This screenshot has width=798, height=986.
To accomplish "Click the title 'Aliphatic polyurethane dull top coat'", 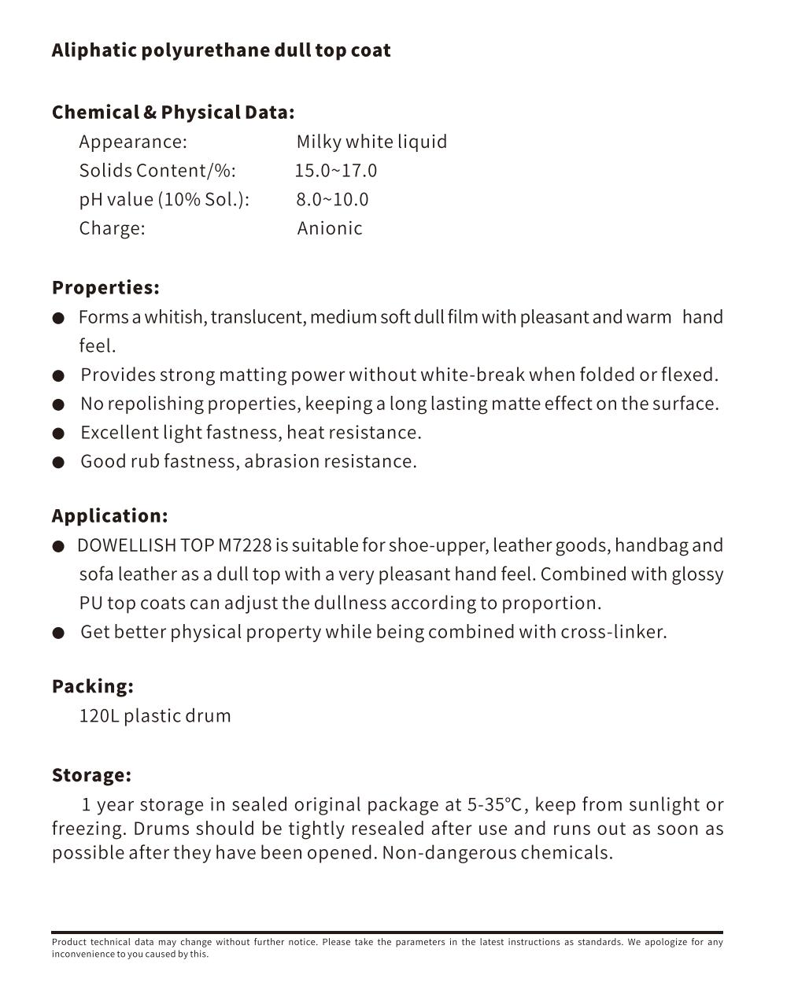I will tap(220, 50).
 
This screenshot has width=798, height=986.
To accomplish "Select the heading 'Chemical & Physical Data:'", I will tap(173, 113).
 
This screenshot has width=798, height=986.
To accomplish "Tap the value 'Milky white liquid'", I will tap(371, 142).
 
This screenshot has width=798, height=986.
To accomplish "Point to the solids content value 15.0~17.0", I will tap(336, 171).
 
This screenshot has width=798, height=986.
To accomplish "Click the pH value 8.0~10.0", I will tap(332, 200).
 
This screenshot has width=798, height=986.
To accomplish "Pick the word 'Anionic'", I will tap(330, 228).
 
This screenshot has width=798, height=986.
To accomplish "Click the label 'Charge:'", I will tap(112, 228).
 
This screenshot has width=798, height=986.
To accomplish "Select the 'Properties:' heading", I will tap(105, 288).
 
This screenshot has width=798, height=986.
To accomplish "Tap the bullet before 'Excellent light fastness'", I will tap(58, 434).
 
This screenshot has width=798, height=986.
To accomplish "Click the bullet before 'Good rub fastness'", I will tap(58, 462).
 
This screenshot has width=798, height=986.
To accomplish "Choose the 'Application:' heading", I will tap(109, 516).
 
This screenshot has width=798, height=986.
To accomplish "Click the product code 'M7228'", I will tap(245, 545).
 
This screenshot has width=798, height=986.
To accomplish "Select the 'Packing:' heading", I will tap(92, 686).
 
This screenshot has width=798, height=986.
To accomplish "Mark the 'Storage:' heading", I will tap(91, 775).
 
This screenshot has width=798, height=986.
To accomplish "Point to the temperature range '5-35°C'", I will tap(495, 805).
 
